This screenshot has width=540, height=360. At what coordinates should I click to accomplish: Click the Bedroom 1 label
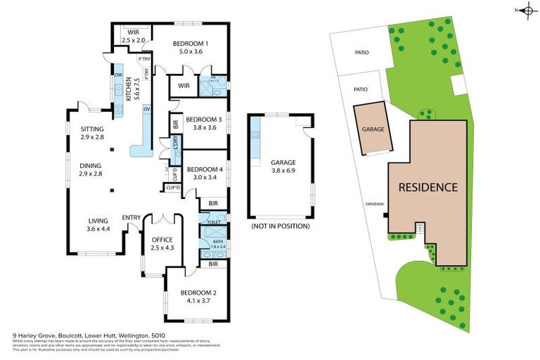tap(190, 43)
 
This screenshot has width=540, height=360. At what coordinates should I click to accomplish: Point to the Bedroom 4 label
tap(205, 169)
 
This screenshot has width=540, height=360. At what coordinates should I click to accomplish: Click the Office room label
tap(162, 239)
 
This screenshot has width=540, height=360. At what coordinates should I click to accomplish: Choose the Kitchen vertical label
tap(128, 90)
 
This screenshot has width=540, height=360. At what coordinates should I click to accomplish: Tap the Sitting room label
tap(91, 129)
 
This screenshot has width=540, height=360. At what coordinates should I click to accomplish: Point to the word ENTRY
tap(131, 217)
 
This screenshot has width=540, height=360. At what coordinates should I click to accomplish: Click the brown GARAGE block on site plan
tap(373, 129)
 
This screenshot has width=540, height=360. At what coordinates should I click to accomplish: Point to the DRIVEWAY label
tap(374, 204)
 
